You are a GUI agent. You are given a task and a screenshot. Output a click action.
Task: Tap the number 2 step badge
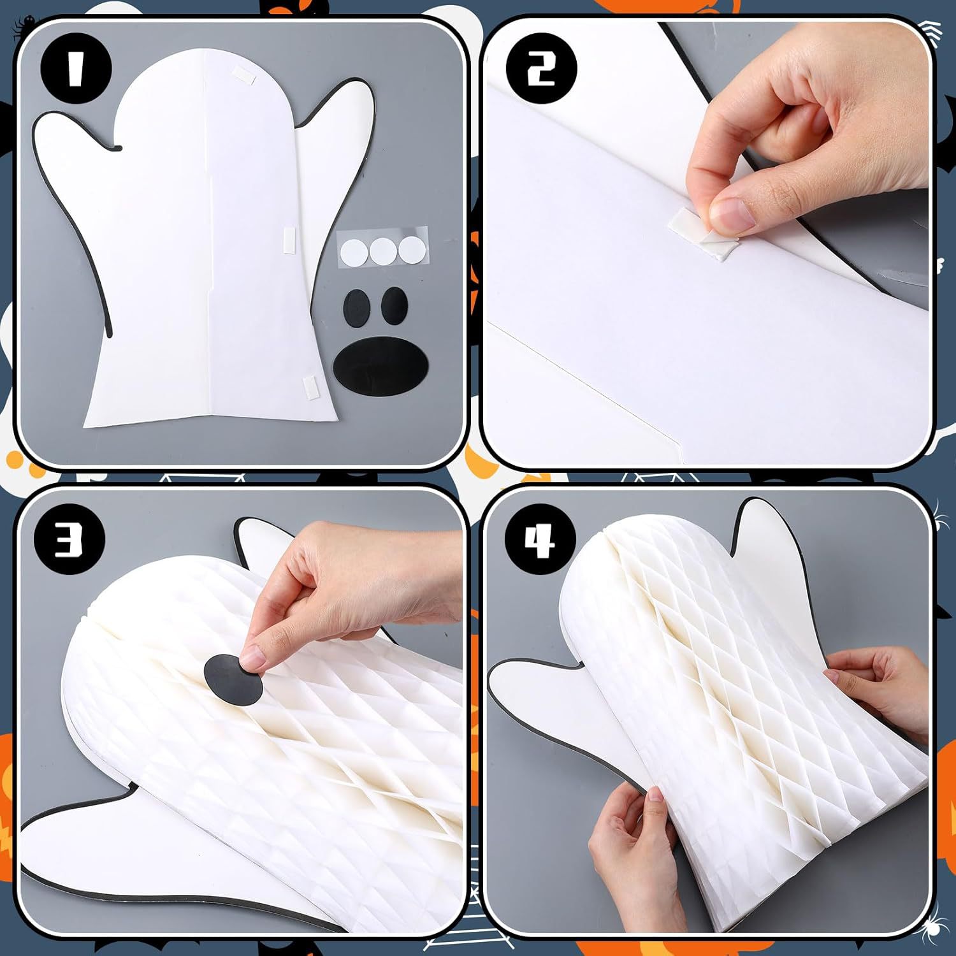(x=541, y=69)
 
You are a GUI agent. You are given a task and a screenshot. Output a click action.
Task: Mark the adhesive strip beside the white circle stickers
(x=289, y=237)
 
